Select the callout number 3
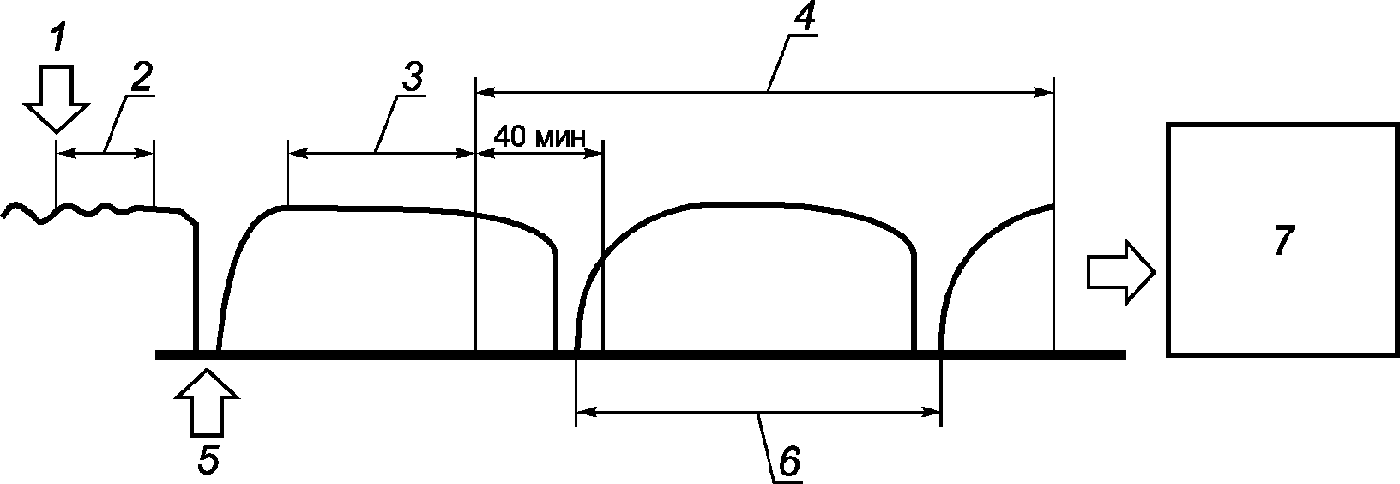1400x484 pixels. (411, 76)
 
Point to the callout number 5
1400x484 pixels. (208, 460)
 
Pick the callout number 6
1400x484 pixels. (788, 462)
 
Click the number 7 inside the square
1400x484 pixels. (1281, 240)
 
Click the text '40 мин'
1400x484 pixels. (540, 136)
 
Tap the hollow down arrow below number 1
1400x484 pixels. (57, 98)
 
